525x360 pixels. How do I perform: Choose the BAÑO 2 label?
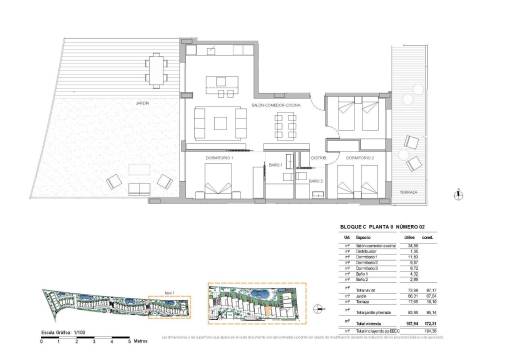pos(314,180)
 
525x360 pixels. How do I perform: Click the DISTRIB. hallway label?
pos(319,157)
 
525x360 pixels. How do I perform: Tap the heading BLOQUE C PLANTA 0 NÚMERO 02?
pos(385,228)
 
